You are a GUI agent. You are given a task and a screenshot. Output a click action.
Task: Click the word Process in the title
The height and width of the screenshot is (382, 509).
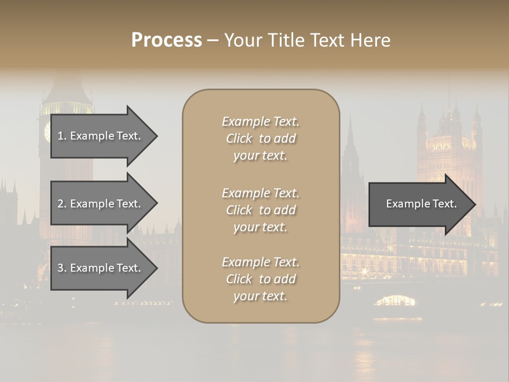pyautogui.click(x=166, y=40)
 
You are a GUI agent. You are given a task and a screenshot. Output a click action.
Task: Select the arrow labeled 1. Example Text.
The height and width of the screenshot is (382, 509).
pyautogui.click(x=101, y=136)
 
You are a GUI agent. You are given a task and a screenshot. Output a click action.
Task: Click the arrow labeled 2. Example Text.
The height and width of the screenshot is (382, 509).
pyautogui.click(x=101, y=204)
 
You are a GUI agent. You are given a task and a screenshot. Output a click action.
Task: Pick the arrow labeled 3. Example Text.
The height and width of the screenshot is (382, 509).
pyautogui.click(x=101, y=268)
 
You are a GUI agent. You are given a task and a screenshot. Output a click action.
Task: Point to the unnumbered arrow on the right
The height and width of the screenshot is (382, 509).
pyautogui.click(x=419, y=204)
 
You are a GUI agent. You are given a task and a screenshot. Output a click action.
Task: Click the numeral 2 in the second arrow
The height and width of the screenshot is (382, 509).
pyautogui.click(x=60, y=204)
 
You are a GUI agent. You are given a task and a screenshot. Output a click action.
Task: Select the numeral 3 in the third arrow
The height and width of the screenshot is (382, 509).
pyautogui.click(x=60, y=268)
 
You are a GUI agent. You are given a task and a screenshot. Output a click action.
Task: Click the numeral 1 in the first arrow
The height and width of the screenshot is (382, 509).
pyautogui.click(x=60, y=136)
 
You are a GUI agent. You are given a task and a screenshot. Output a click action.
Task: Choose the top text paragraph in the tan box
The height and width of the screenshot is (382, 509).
pyautogui.click(x=261, y=138)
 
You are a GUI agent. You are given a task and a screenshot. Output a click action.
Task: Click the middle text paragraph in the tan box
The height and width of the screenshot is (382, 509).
pyautogui.click(x=261, y=210)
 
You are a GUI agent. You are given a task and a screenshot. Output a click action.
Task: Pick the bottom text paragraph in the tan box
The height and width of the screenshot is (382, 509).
pyautogui.click(x=261, y=279)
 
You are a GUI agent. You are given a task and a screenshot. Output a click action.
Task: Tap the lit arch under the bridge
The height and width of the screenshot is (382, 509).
pyautogui.click(x=395, y=301)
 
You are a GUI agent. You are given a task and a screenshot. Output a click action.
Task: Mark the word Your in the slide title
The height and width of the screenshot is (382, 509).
pyautogui.click(x=242, y=40)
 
